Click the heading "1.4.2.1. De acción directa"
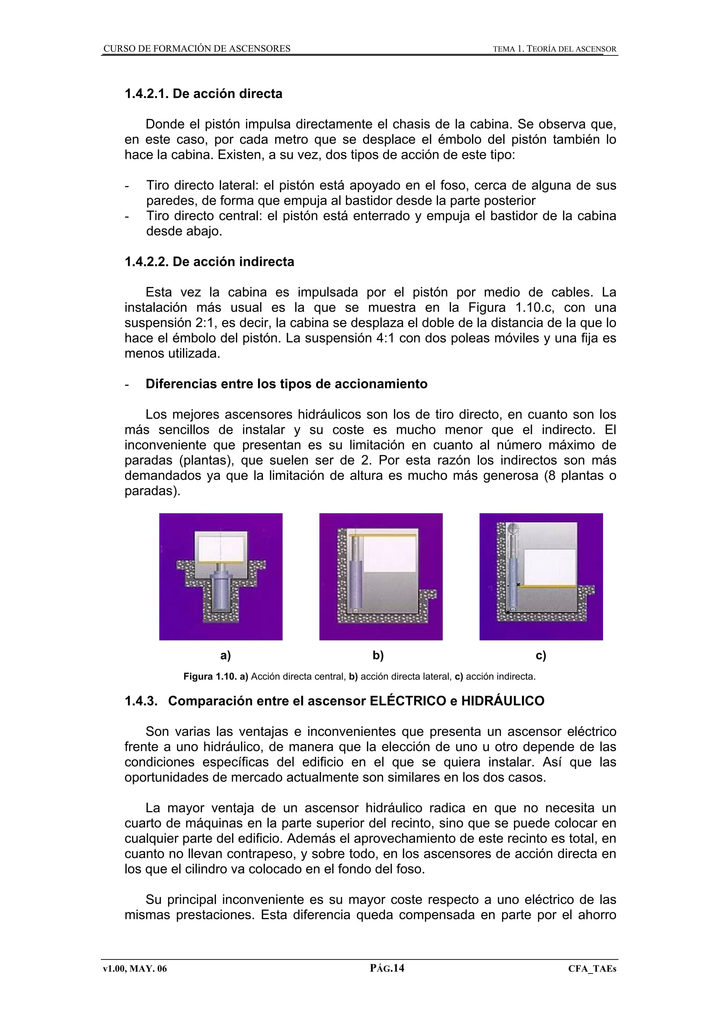[203, 94]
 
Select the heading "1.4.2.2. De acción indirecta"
[209, 262]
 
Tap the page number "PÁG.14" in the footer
[387, 968]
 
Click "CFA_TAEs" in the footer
[592, 969]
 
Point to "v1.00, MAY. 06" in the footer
[135, 969]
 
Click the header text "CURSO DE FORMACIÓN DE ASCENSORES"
[197, 49]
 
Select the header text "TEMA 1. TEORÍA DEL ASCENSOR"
[555, 49]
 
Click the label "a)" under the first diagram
[225, 656]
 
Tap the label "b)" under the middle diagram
[378, 656]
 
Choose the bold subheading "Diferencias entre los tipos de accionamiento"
[286, 384]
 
